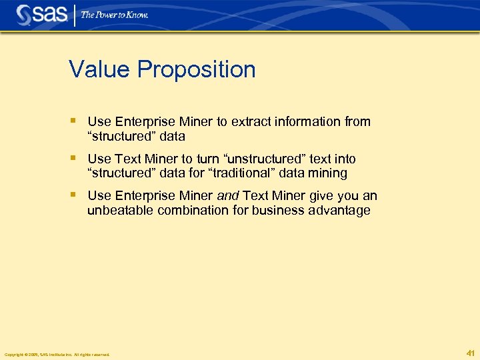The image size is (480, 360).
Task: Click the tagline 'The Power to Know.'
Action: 115,15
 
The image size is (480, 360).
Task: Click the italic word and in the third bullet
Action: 229,196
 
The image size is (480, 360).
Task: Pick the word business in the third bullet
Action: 273,211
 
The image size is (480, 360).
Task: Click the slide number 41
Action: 470,353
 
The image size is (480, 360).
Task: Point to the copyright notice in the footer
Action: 57,354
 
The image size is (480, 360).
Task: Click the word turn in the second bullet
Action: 205,159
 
